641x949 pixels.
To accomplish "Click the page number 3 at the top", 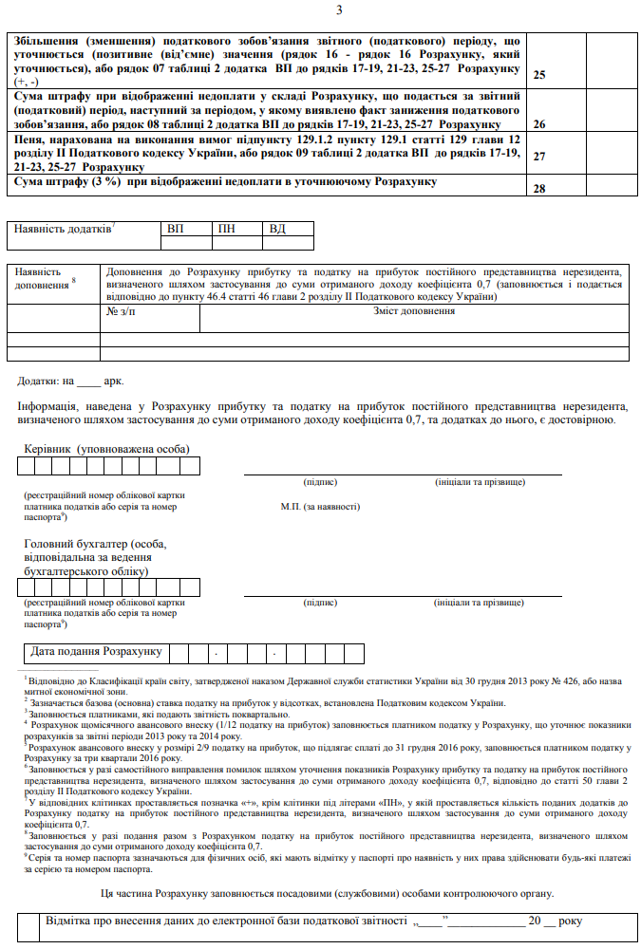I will tap(339, 10).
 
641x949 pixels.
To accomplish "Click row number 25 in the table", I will tap(539, 74).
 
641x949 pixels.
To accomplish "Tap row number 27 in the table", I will tap(539, 157).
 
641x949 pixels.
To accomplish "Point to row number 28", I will tap(539, 188).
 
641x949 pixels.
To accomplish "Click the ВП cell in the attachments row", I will tap(176, 229).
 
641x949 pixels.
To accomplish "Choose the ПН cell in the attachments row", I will tap(227, 229).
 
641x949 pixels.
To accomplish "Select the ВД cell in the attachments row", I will tap(277, 229).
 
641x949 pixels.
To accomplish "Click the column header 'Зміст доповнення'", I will tap(413, 311).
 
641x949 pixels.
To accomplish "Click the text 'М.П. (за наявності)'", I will tap(320, 507).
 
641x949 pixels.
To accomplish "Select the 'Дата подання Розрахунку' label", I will tap(96, 652).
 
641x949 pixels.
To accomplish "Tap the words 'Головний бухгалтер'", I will tap(78, 544).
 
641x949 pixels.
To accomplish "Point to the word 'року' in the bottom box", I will tap(571, 921).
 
